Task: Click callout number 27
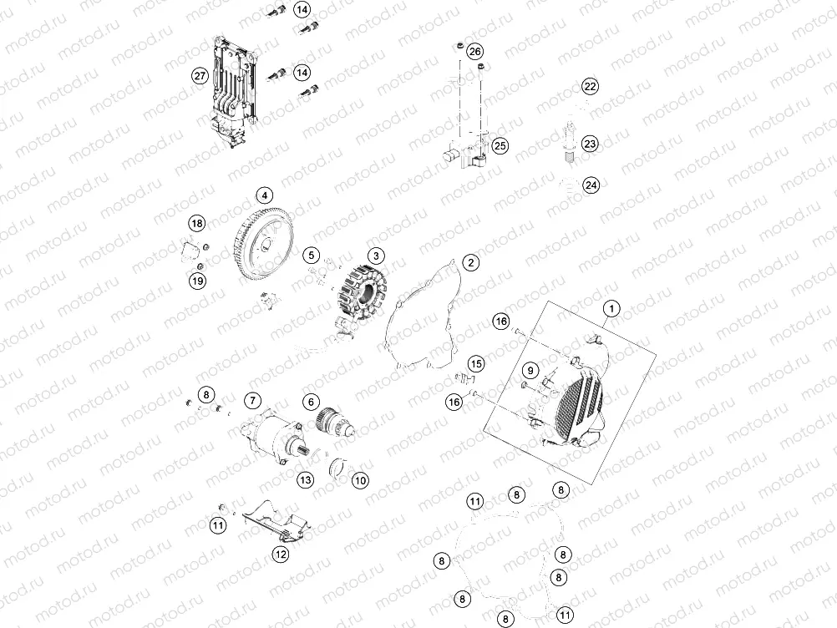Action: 200,76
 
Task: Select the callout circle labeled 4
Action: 265,196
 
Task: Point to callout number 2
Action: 471,262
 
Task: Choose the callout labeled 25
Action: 500,145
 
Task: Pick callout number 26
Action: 475,52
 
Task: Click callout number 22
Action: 591,87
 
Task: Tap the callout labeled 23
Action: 591,144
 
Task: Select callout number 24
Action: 591,185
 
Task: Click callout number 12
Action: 281,552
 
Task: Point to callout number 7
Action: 253,402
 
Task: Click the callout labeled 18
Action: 196,223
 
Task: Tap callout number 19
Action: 196,281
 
